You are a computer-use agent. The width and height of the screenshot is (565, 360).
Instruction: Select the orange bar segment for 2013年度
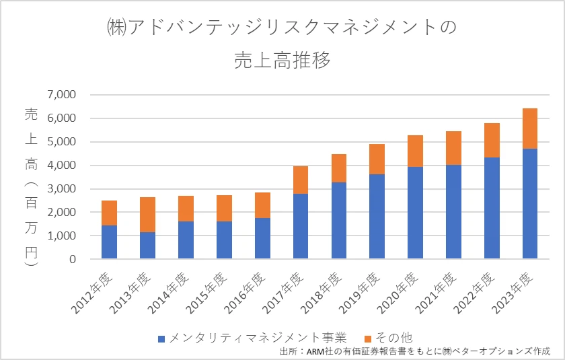(x=147, y=215)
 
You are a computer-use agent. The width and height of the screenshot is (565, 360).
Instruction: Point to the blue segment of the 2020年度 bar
(x=416, y=213)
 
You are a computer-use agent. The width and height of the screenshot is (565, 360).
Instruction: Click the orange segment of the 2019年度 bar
(x=377, y=159)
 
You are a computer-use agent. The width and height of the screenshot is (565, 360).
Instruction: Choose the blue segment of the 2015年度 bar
(x=224, y=240)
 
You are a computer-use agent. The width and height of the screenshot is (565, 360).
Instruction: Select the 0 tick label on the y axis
(x=72, y=259)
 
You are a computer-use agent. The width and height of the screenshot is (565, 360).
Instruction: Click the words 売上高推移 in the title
(x=282, y=61)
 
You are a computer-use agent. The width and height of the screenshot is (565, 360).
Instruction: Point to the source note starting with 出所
(x=414, y=351)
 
